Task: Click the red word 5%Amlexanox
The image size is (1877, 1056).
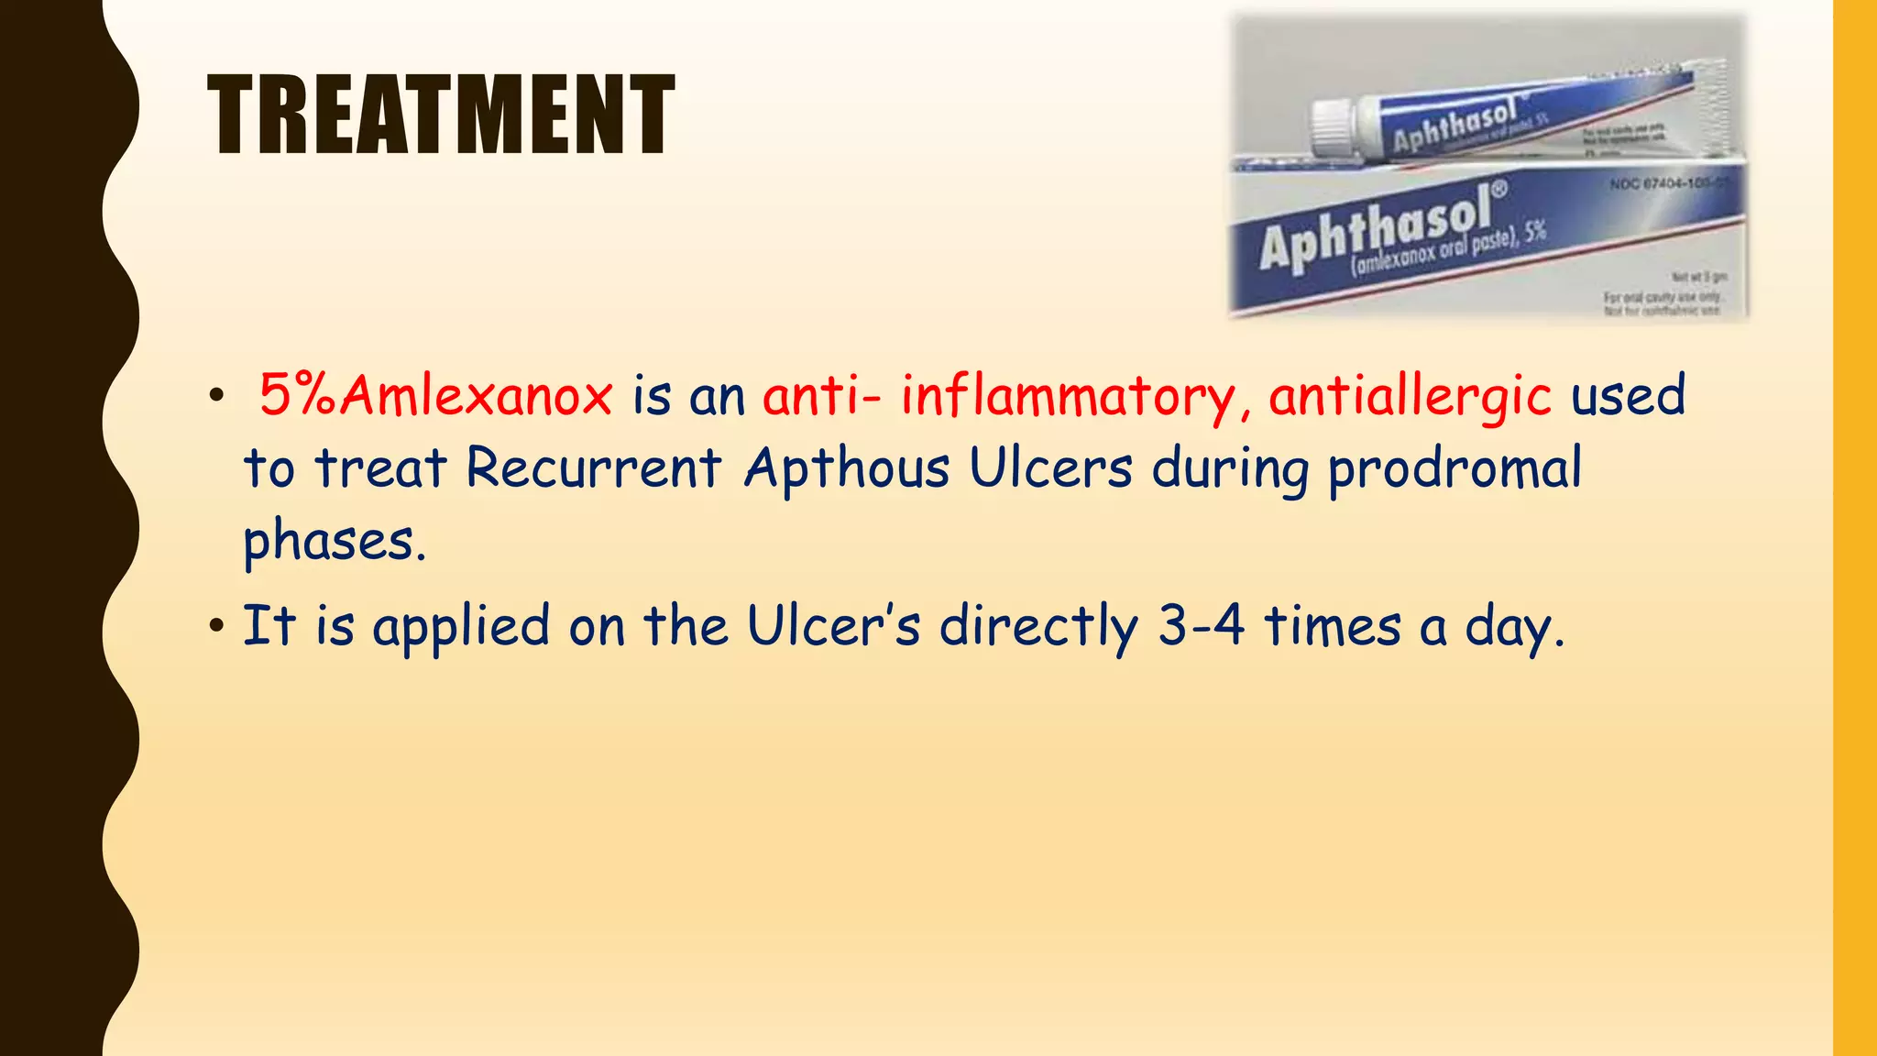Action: pos(435,396)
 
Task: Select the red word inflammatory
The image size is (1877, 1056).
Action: pos(1068,396)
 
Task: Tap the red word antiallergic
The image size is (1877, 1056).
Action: pos(1410,396)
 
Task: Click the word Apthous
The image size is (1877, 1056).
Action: pos(847,467)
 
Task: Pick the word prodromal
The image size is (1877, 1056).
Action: pos(1454,469)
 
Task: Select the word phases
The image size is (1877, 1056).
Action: pos(334,541)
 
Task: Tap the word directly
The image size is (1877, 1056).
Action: pos(1038,628)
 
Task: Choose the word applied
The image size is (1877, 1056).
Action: pos(461,628)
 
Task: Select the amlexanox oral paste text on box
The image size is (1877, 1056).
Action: pos(1448,249)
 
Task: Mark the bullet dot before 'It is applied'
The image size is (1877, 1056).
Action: pos(216,627)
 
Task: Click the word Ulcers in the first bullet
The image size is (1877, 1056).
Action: pos(1050,467)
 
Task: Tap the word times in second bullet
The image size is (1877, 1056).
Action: pos(1333,626)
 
